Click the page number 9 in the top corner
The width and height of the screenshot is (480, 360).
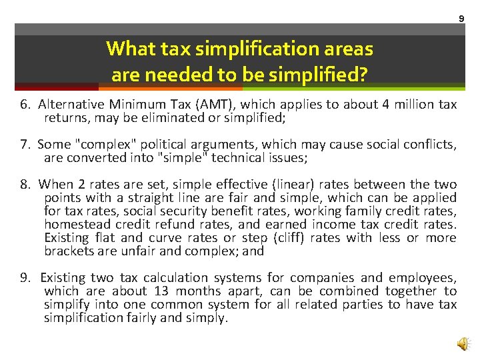pyautogui.click(x=461, y=19)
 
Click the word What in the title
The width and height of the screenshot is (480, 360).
pyautogui.click(x=129, y=49)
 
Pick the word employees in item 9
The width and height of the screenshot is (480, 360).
pyautogui.click(x=423, y=278)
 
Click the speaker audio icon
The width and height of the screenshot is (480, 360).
pyautogui.click(x=462, y=343)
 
